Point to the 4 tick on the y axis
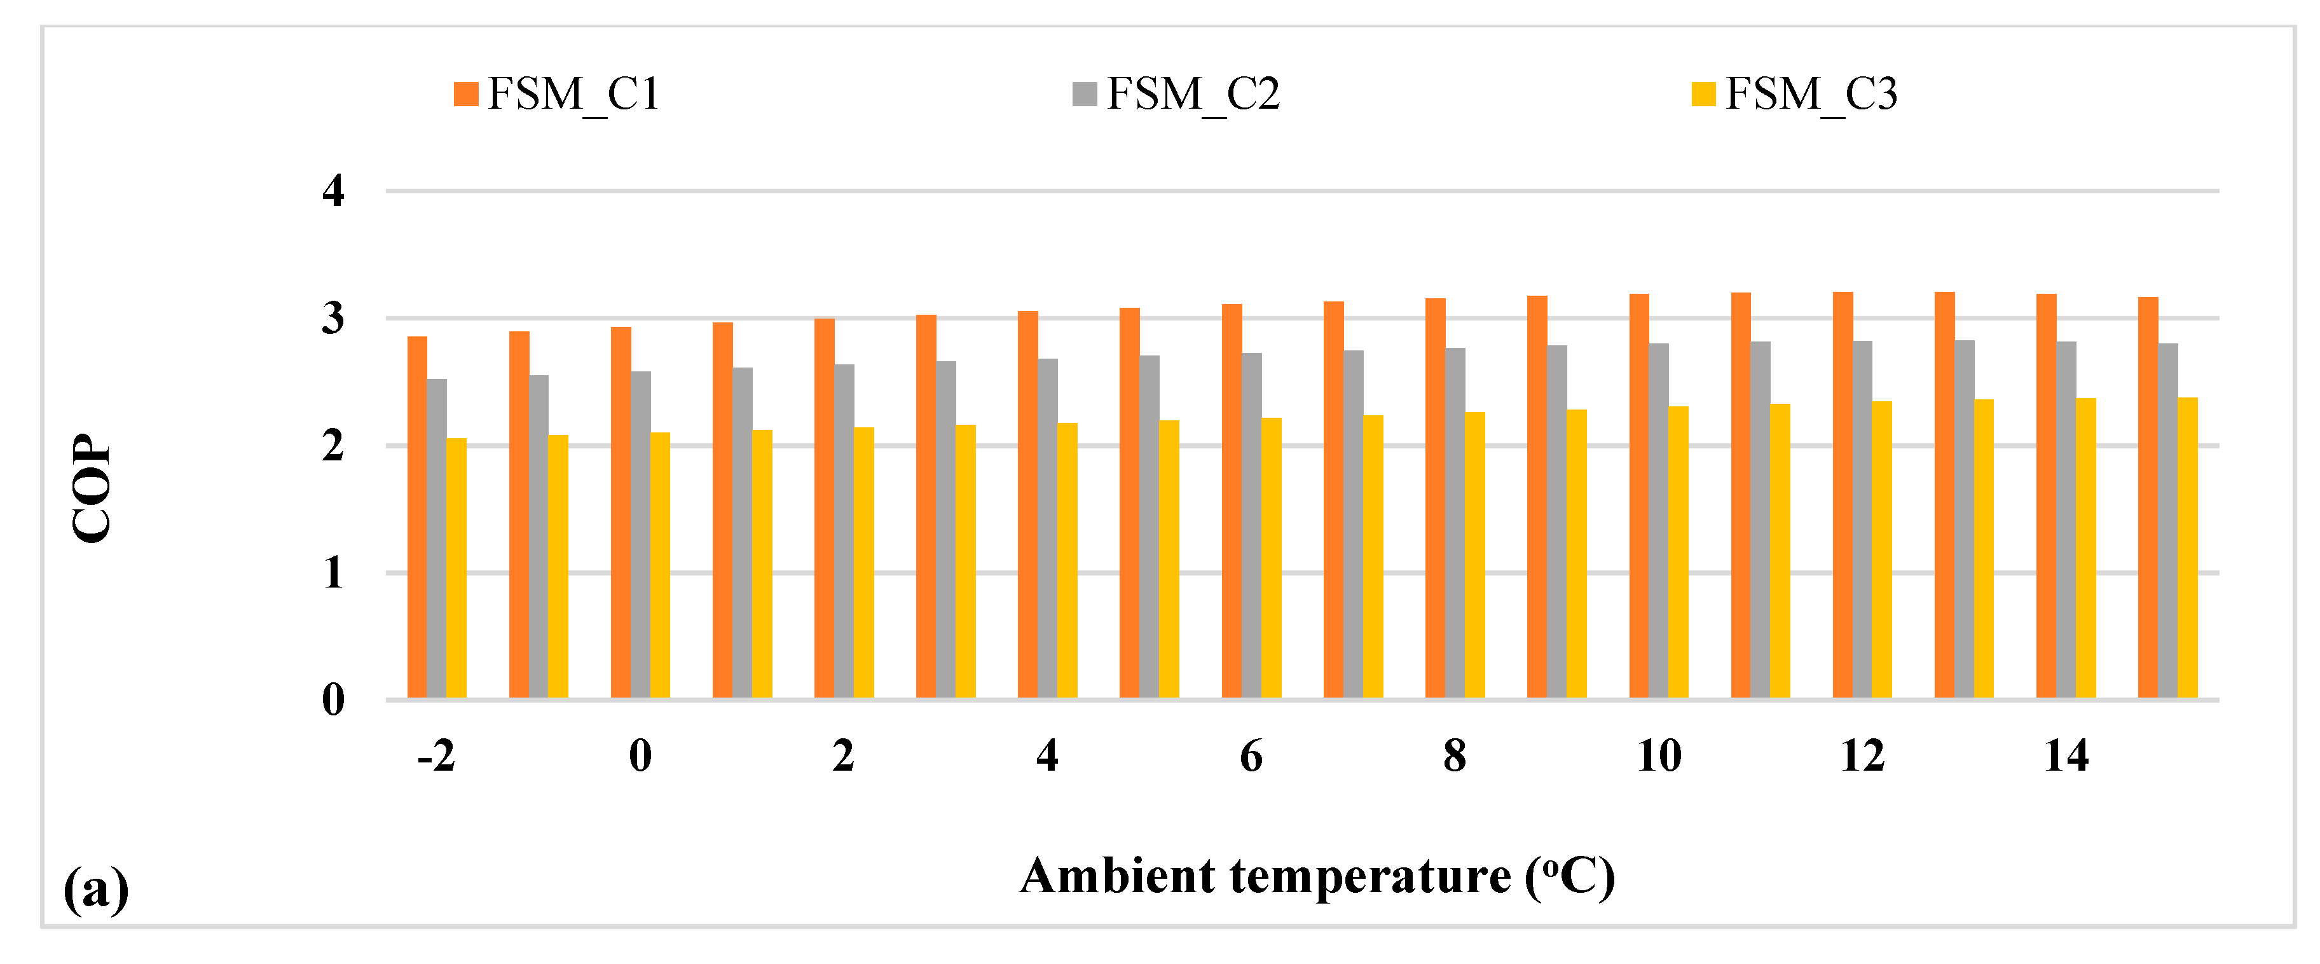pyautogui.click(x=333, y=191)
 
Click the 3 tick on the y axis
pyautogui.click(x=333, y=318)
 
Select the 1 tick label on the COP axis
pyautogui.click(x=333, y=573)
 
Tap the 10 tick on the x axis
pyautogui.click(x=1658, y=755)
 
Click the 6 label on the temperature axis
pyautogui.click(x=1251, y=755)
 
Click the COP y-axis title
pyautogui.click(x=91, y=488)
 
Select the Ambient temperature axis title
pyautogui.click(x=1317, y=876)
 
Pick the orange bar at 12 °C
pyautogui.click(x=1843, y=495)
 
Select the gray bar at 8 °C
pyautogui.click(x=1455, y=523)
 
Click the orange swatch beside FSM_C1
pyautogui.click(x=465, y=93)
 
